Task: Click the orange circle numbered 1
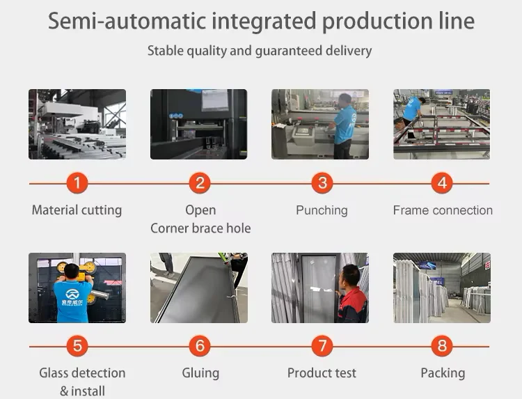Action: point(77,183)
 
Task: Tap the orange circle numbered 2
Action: point(200,183)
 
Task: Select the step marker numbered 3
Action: point(322,183)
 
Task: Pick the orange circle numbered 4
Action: point(442,183)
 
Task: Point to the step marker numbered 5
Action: point(77,346)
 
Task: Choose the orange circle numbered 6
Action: point(200,346)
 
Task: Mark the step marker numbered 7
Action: point(322,346)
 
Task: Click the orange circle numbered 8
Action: point(442,346)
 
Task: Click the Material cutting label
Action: point(77,210)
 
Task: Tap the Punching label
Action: point(322,210)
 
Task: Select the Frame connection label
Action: point(443,210)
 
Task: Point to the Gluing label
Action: point(200,373)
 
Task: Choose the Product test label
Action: point(322,373)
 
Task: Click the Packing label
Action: point(443,373)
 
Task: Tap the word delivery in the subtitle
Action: point(346,51)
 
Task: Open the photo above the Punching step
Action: point(320,124)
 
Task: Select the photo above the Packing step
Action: point(442,288)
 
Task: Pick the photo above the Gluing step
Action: point(199,288)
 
